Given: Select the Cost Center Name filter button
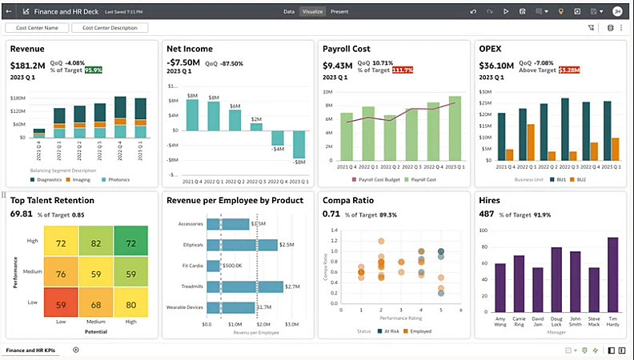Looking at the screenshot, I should (x=37, y=28).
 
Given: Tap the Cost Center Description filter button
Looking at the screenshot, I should (x=110, y=28).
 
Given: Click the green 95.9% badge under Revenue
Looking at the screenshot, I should (x=94, y=70).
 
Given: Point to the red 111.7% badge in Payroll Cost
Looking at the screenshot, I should (x=403, y=70).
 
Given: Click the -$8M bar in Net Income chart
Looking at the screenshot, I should (x=299, y=145).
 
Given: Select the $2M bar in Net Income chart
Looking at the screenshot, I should (x=256, y=128).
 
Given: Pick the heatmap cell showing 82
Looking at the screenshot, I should (x=96, y=242).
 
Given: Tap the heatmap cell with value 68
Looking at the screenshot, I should (x=96, y=304).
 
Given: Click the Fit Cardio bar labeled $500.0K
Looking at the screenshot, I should (x=214, y=265).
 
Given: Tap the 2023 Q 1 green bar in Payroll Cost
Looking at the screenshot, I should (x=455, y=128).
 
